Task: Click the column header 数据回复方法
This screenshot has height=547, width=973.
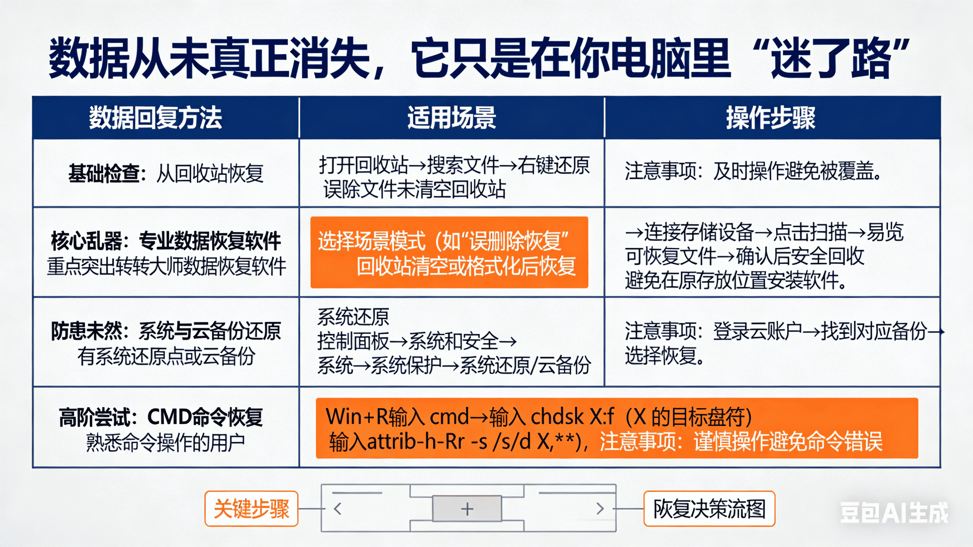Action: pyautogui.click(x=155, y=118)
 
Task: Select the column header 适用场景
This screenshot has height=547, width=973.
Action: pyautogui.click(x=451, y=118)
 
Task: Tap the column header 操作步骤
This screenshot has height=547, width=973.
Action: pyautogui.click(x=771, y=118)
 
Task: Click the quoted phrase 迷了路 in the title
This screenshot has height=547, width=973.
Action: pyautogui.click(x=831, y=58)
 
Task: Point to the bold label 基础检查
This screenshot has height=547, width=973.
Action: pyautogui.click(x=104, y=174)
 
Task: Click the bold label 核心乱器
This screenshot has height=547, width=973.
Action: pyautogui.click(x=87, y=241)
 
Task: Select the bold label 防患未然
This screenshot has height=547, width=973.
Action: pyautogui.click(x=87, y=331)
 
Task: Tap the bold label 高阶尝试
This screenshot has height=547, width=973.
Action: pyautogui.click(x=94, y=417)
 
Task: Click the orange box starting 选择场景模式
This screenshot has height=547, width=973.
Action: pyautogui.click(x=449, y=252)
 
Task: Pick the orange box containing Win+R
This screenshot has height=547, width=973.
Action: pyautogui.click(x=617, y=428)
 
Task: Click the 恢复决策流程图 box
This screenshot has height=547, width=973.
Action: pyautogui.click(x=709, y=509)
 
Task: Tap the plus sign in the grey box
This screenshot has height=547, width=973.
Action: pyautogui.click(x=467, y=509)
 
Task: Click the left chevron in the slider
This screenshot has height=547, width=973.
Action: pyautogui.click(x=338, y=509)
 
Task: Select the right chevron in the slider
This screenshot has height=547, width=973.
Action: pyautogui.click(x=600, y=509)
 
